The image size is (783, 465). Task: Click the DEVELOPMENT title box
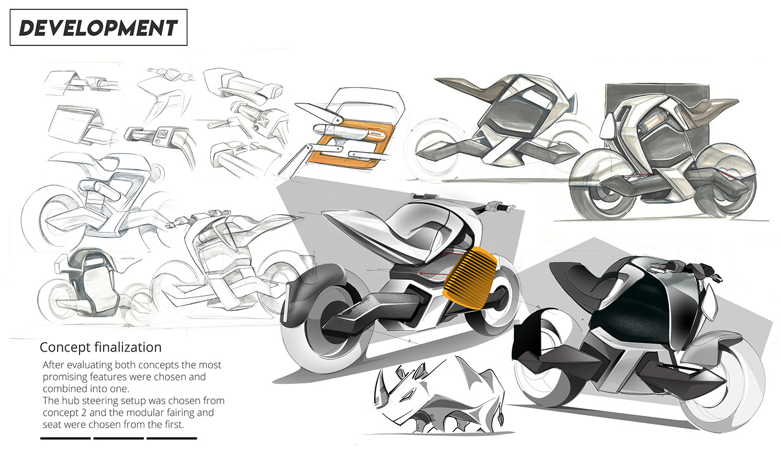pyautogui.click(x=98, y=27)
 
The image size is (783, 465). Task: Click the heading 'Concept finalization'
pyautogui.click(x=101, y=347)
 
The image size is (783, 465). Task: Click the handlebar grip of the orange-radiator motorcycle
pyautogui.click(x=500, y=207)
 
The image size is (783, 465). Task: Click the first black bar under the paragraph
pyautogui.click(x=65, y=438)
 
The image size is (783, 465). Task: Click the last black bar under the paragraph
pyautogui.click(x=172, y=438)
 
